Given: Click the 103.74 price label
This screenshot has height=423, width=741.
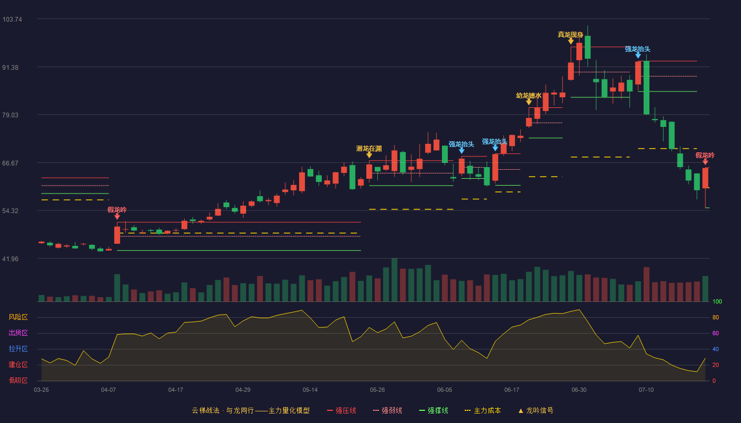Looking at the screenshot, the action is [12, 20].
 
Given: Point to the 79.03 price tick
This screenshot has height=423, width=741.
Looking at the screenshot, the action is [10, 115].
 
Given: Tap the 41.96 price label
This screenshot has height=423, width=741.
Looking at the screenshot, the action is [10, 259].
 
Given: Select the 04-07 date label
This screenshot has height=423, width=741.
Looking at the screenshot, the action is [109, 390].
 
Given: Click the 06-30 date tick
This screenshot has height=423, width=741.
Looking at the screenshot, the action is [579, 390].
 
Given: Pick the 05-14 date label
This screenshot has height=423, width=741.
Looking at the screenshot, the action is [310, 390].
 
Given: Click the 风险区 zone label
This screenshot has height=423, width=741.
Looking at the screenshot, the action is [18, 317].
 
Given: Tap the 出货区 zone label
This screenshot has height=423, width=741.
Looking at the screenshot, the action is [18, 333].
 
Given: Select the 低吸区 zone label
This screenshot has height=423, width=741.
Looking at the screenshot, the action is [18, 380].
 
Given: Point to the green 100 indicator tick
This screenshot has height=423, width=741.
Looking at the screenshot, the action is [717, 301].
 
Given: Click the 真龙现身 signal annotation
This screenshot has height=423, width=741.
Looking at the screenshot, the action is [571, 35].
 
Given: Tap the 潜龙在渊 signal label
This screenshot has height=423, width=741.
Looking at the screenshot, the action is [369, 149].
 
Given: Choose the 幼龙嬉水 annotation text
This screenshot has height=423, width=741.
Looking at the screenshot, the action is [529, 96].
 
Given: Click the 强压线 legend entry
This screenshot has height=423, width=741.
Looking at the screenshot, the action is [341, 410].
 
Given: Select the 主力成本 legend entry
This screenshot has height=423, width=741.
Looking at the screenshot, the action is [483, 410].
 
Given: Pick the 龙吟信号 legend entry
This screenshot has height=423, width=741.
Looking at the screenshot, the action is [536, 410].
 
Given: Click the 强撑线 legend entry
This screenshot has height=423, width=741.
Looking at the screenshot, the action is [433, 410].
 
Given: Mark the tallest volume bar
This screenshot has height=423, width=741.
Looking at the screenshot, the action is [394, 280].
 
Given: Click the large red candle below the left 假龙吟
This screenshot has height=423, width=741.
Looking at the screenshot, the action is [117, 235].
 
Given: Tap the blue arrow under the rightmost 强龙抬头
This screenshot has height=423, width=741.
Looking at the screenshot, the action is [638, 56].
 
